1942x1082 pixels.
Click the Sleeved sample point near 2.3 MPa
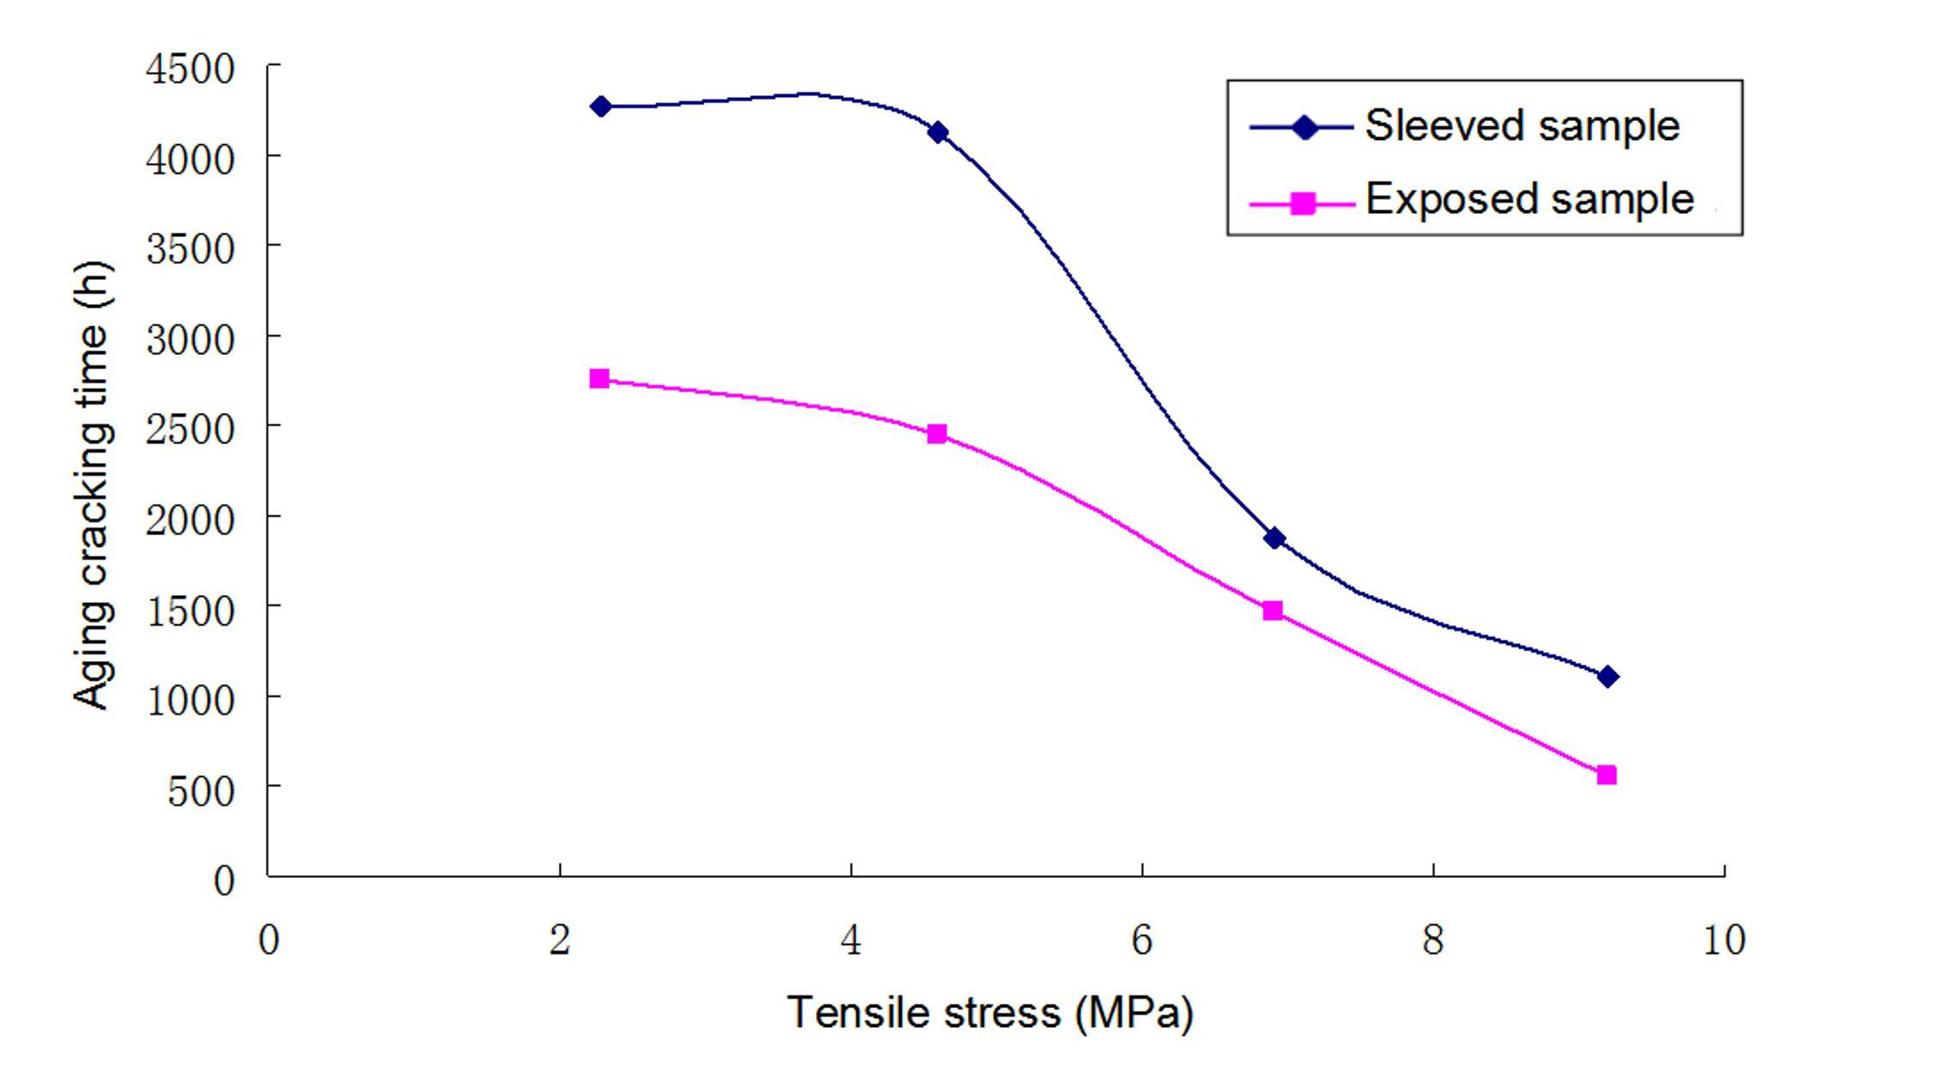click(x=601, y=106)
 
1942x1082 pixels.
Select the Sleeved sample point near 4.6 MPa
click(x=938, y=132)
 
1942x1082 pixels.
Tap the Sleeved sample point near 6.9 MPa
click(x=1275, y=538)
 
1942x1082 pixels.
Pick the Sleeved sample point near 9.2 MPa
click(x=1609, y=677)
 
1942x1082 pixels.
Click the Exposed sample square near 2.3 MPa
click(x=600, y=379)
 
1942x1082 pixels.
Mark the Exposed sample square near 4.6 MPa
click(x=937, y=434)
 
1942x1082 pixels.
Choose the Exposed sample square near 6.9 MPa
click(x=1273, y=611)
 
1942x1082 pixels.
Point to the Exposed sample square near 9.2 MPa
click(x=1607, y=775)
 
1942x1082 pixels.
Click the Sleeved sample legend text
click(x=1522, y=126)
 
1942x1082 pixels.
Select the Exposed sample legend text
click(x=1530, y=199)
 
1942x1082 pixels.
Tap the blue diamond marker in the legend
click(x=1305, y=128)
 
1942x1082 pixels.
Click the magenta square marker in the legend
click(x=1303, y=204)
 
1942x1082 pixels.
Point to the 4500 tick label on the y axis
click(x=190, y=70)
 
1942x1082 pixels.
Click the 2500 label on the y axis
click(x=190, y=429)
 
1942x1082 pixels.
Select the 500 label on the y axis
click(x=201, y=791)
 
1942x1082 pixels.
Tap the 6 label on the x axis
click(x=1141, y=940)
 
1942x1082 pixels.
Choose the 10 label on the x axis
click(x=1723, y=940)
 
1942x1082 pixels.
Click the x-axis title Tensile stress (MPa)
click(x=990, y=1012)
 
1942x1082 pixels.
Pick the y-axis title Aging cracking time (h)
click(x=91, y=485)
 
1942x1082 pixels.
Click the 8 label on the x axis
click(x=1433, y=940)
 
